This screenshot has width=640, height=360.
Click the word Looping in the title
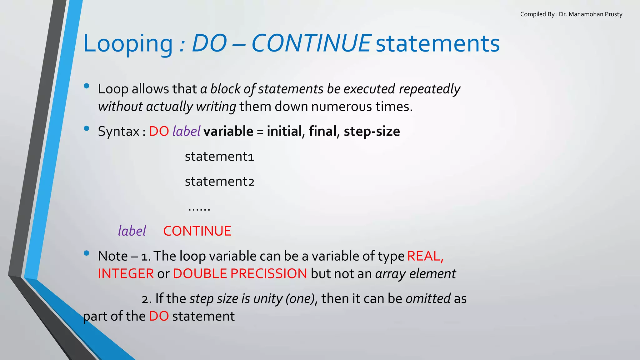pyautogui.click(x=128, y=43)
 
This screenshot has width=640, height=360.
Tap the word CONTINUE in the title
pyautogui.click(x=311, y=43)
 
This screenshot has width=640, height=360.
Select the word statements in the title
pyautogui.click(x=437, y=43)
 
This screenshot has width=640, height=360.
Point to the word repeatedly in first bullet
pyautogui.click(x=429, y=89)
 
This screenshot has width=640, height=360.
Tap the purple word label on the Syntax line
pyautogui.click(x=186, y=131)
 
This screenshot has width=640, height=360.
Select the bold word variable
pyautogui.click(x=228, y=131)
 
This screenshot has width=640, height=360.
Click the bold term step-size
pyautogui.click(x=372, y=131)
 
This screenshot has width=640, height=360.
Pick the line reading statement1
pyautogui.click(x=219, y=156)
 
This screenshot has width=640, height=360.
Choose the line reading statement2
pyautogui.click(x=220, y=181)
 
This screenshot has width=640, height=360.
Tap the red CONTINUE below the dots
pyautogui.click(x=197, y=231)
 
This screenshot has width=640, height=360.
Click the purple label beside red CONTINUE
pyautogui.click(x=132, y=231)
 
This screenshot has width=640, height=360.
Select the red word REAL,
pyautogui.click(x=425, y=256)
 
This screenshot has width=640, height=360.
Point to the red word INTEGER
pyautogui.click(x=126, y=274)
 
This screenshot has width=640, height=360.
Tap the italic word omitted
pyautogui.click(x=428, y=298)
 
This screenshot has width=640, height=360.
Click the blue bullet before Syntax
pyautogui.click(x=87, y=128)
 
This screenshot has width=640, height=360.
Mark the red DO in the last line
pyautogui.click(x=159, y=316)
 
